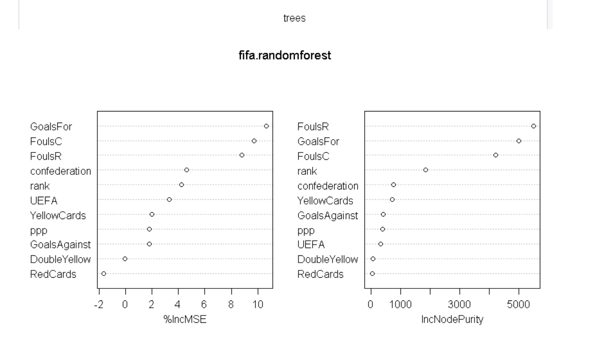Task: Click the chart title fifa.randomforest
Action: coord(285,55)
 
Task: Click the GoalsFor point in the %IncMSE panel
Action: coord(266,126)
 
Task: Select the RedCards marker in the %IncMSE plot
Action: coord(104,273)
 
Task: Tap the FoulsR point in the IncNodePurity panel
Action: coord(534,126)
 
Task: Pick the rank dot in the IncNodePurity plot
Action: coord(426,170)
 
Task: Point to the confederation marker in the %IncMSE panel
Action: coord(187,170)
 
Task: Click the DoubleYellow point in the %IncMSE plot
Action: coord(125,259)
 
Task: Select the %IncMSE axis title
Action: coord(185,319)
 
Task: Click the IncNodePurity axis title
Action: coord(452,319)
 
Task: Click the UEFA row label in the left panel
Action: coord(44,200)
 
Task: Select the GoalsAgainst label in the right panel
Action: coord(328,216)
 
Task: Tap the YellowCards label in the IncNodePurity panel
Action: coord(325,201)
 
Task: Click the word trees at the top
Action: coord(294,18)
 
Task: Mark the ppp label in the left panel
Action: coord(39,230)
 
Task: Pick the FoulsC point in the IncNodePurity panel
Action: coord(496,155)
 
